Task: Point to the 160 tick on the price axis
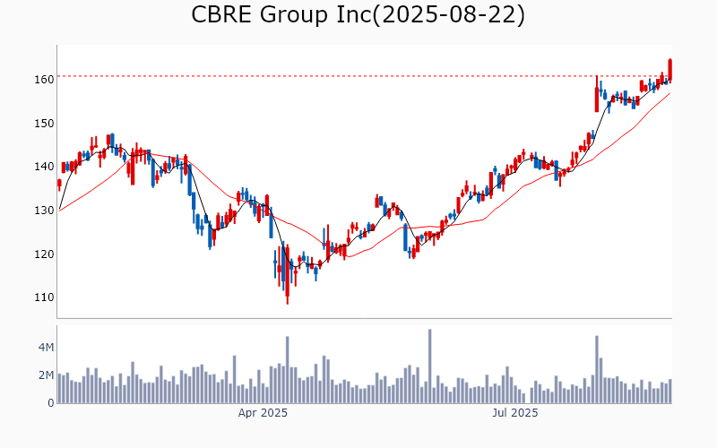[x=43, y=79]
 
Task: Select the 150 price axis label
[x=43, y=123]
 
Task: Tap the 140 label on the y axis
[x=43, y=167]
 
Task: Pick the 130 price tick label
[x=43, y=211]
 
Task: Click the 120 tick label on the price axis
[x=43, y=254]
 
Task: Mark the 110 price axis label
[x=43, y=297]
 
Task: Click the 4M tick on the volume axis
[x=45, y=347]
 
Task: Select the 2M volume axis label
[x=45, y=375]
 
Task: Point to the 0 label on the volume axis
[x=50, y=403]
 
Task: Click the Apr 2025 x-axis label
[x=263, y=414]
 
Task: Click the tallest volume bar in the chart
[x=430, y=367]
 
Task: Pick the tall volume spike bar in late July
[x=597, y=370]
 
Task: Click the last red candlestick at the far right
[x=670, y=70]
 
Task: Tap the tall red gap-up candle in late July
[x=597, y=95]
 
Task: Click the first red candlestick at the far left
[x=59, y=184]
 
